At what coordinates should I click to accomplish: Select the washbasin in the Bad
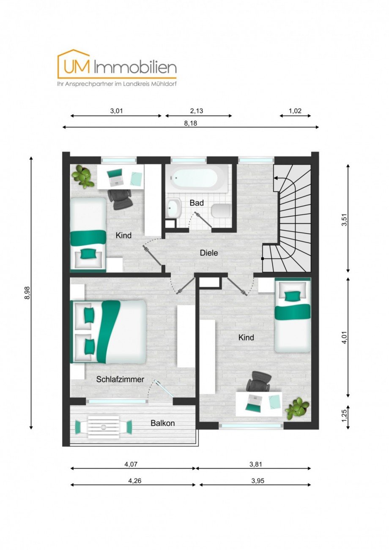click(173, 207)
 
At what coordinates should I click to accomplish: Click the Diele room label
click(209, 253)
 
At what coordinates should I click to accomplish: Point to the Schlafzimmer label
click(120, 379)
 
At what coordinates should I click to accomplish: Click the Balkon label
click(163, 423)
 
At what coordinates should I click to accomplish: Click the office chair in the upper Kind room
click(121, 199)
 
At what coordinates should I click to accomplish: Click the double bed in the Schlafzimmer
click(109, 332)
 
